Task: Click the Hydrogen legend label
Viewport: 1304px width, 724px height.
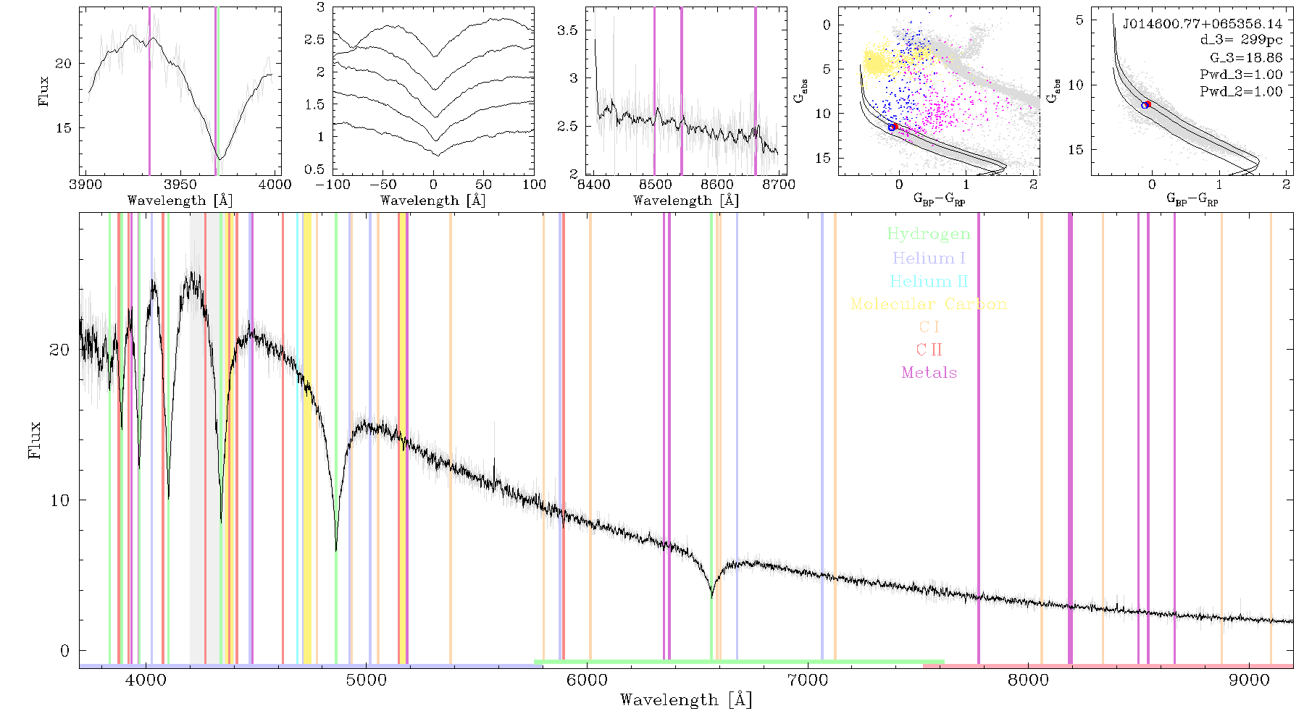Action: [928, 234]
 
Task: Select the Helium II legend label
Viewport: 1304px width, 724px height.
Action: [928, 281]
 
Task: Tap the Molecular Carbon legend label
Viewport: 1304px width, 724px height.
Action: [928, 304]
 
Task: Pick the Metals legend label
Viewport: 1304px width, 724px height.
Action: [929, 373]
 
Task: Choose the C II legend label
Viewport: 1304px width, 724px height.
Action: [929, 350]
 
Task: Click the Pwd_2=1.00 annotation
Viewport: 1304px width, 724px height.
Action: [1241, 91]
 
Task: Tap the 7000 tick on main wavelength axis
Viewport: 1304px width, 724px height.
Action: [807, 680]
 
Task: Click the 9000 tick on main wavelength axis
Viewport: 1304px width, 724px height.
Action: [1248, 680]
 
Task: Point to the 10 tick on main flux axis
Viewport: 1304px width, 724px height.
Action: [60, 500]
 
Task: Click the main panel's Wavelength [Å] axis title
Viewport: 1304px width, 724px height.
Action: [686, 699]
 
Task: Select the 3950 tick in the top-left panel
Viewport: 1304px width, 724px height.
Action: [180, 184]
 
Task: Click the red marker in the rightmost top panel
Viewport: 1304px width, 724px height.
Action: [1148, 104]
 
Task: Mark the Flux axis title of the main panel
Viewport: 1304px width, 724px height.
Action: [34, 439]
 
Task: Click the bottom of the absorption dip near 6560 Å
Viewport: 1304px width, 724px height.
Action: [712, 597]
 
